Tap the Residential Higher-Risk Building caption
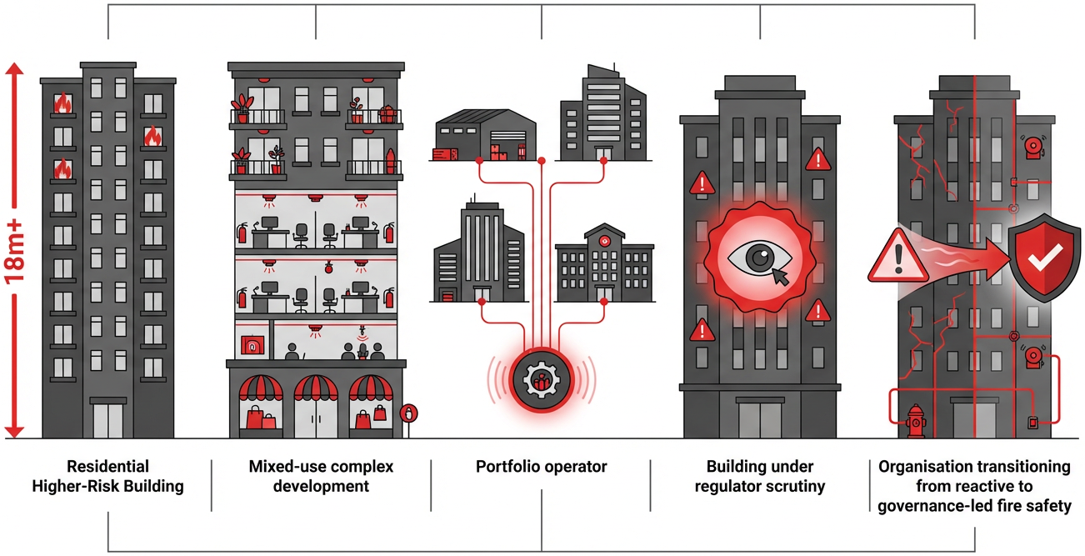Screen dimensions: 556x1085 108,476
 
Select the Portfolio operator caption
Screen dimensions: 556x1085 542,467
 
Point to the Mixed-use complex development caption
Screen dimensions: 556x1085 321,476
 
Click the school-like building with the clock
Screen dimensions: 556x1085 604,263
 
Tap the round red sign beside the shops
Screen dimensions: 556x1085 408,413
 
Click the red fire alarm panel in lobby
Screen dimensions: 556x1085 249,343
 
